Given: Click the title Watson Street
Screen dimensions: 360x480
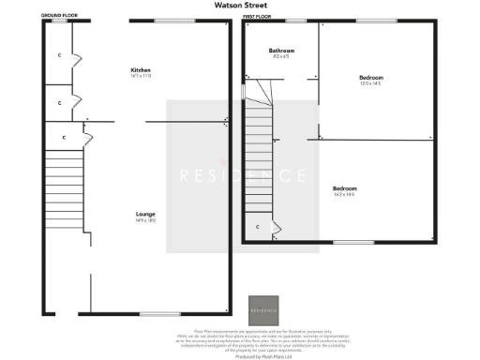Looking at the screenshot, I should tap(239, 4).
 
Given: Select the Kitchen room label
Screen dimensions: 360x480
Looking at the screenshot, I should tap(141, 71).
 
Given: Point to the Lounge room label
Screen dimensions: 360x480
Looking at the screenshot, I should tap(144, 215).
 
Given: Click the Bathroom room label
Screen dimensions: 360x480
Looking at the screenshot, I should tap(281, 51).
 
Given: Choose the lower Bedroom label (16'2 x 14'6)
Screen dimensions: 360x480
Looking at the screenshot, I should tap(370, 189).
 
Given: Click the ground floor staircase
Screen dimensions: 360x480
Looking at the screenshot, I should tap(65, 192).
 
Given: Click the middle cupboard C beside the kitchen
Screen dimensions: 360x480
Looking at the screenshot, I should tap(61, 101).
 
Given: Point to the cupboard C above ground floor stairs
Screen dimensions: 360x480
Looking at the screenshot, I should tap(64, 138).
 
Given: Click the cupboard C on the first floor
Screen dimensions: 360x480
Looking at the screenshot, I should tap(258, 227).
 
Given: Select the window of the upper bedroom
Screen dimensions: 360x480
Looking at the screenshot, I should tap(369, 22).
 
